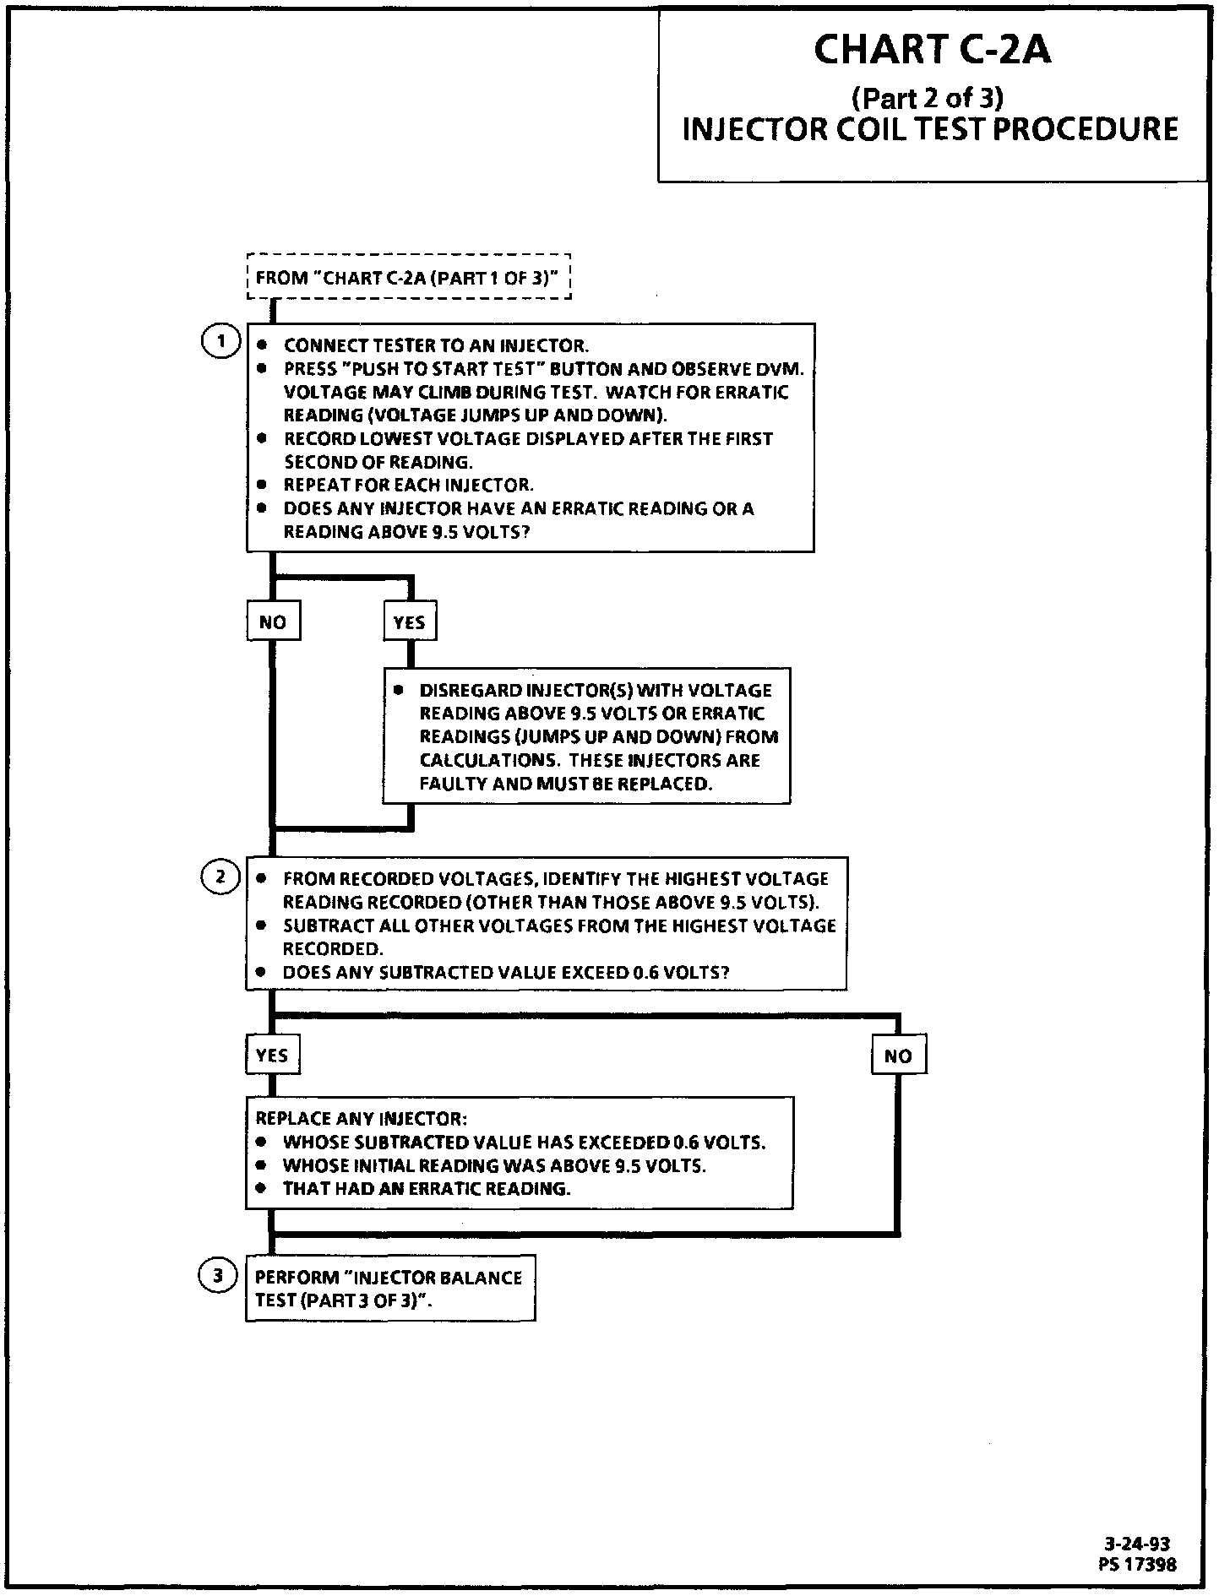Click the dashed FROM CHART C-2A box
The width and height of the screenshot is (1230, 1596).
(x=409, y=278)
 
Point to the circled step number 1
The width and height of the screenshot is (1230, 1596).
(x=220, y=342)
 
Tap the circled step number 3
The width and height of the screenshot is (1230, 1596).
(x=218, y=1275)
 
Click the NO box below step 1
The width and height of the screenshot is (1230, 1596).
(x=273, y=622)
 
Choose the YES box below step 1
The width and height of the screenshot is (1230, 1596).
(x=410, y=622)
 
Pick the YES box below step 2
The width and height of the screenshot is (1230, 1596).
(x=272, y=1055)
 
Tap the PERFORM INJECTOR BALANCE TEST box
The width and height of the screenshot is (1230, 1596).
(x=389, y=1288)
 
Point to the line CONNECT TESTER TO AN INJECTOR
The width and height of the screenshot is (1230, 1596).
(x=436, y=345)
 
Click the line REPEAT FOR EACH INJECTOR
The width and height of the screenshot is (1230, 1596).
(x=409, y=485)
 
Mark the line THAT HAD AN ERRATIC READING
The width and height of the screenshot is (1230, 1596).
(x=427, y=1189)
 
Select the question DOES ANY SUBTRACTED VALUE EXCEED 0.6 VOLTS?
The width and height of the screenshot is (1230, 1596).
(x=506, y=972)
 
